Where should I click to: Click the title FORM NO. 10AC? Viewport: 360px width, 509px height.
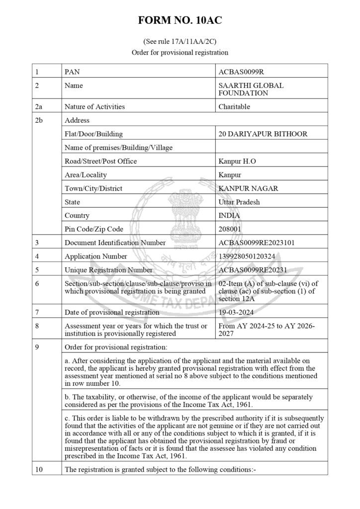tap(180, 20)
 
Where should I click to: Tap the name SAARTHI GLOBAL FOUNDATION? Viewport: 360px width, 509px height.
tap(251, 89)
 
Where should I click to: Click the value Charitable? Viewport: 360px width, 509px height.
tap(234, 106)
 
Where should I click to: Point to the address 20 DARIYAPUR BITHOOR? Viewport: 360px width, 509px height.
tap(263, 134)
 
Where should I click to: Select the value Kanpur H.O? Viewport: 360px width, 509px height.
tap(237, 161)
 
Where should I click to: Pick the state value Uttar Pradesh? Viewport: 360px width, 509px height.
tap(239, 202)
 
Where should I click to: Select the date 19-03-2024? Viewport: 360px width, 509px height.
tap(236, 312)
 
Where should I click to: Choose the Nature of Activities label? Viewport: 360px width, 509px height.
tap(95, 106)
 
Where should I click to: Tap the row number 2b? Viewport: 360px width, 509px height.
tap(39, 120)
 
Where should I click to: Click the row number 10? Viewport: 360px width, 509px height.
tap(39, 469)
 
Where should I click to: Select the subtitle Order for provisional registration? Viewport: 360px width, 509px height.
tap(180, 52)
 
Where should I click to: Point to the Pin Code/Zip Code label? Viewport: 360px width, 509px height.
tap(94, 229)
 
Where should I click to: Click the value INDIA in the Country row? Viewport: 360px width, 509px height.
tap(229, 216)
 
